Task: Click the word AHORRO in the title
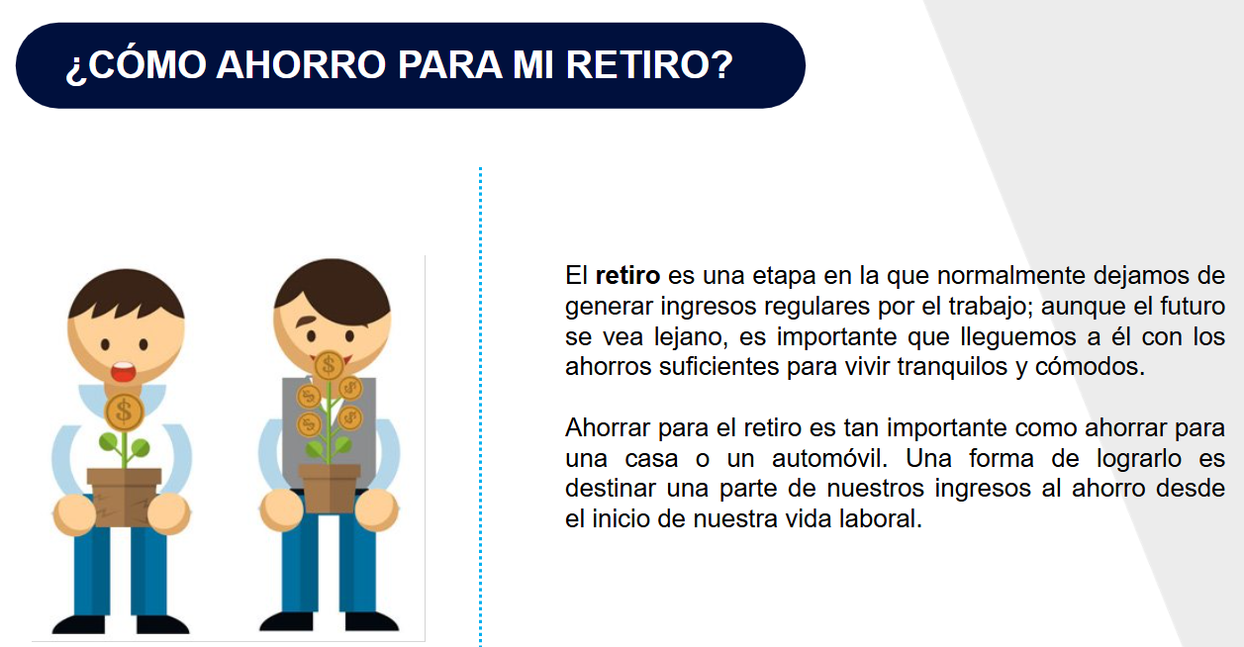(x=301, y=65)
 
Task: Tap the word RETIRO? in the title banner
(x=650, y=65)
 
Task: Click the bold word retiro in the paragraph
(x=627, y=275)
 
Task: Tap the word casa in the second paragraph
(x=651, y=459)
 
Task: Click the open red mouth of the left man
(x=123, y=372)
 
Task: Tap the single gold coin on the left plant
(x=124, y=413)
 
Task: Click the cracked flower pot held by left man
(x=124, y=497)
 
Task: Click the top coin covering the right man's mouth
(x=329, y=366)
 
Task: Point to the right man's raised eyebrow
(x=307, y=321)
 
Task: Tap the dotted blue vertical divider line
(x=480, y=407)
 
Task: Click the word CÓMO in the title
(x=147, y=64)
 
